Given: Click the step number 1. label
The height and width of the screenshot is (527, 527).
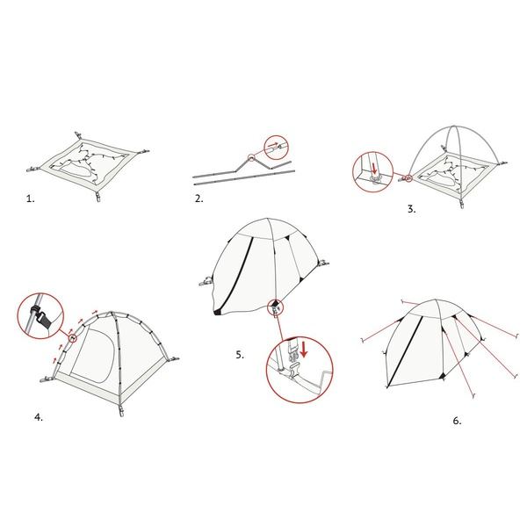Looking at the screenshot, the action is (x=30, y=199).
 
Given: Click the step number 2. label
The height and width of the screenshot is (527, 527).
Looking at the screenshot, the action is (x=199, y=199).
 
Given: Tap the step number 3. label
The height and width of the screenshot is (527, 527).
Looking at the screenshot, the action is (x=412, y=209).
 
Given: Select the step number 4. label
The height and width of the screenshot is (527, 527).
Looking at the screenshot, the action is (x=39, y=417).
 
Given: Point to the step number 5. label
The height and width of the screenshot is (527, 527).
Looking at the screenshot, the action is (x=240, y=355).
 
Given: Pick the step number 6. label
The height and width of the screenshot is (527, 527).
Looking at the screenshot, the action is (x=457, y=421).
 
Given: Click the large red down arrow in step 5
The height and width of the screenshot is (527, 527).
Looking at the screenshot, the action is (x=304, y=350).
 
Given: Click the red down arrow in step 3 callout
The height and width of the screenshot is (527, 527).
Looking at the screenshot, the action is (x=374, y=169).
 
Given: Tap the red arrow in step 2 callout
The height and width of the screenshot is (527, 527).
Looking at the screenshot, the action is (x=272, y=145).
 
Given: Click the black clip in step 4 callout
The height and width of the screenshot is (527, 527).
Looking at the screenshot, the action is (x=41, y=315).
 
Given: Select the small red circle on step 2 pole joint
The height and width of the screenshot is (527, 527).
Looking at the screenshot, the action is (x=250, y=157).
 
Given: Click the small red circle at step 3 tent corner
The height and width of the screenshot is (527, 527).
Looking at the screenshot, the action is (x=408, y=178).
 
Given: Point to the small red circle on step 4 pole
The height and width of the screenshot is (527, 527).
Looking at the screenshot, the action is (x=73, y=338).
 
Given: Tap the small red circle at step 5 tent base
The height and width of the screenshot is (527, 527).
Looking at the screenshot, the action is (x=276, y=307).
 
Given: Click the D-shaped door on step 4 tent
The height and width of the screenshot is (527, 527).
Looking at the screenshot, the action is (x=92, y=357).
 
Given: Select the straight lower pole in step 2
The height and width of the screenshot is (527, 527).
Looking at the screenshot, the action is (x=244, y=177).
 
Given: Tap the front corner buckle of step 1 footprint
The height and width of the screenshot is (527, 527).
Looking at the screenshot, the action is (x=98, y=197).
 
